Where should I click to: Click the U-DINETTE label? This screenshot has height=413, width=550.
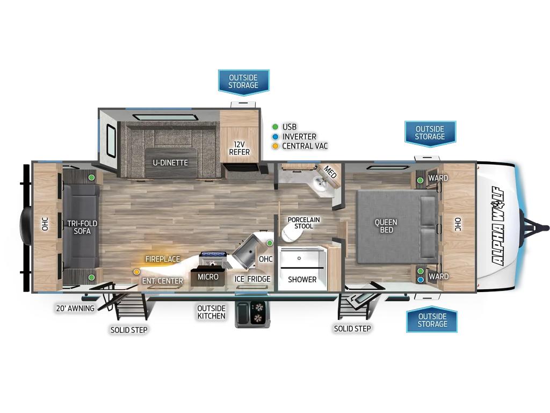tap(170, 162)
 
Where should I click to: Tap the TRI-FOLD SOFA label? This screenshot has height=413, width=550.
tap(82, 227)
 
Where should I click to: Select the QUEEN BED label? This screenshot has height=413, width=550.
tap(386, 226)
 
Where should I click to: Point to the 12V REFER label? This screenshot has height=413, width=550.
tap(239, 148)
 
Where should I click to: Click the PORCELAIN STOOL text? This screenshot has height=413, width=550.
tap(303, 223)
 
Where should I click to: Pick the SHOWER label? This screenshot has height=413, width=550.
tap(302, 280)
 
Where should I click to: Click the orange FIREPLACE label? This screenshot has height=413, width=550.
tap(162, 259)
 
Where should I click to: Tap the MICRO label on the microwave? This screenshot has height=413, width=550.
tap(208, 277)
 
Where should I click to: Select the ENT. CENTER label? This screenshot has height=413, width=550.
tap(162, 281)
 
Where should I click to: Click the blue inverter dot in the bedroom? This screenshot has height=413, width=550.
tap(420, 280)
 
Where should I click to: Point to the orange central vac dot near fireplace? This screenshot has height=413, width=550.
tap(136, 272)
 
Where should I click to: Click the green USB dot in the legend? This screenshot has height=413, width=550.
tap(276, 127)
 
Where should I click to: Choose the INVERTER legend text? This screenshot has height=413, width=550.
tap(299, 137)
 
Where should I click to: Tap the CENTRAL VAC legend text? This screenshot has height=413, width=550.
tap(305, 146)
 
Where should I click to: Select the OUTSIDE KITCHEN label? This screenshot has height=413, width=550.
tap(211, 312)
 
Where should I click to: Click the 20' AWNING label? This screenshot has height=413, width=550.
tap(75, 308)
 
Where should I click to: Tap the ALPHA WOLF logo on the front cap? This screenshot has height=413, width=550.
tap(498, 225)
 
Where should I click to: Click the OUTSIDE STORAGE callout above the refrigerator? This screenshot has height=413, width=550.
tap(243, 82)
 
